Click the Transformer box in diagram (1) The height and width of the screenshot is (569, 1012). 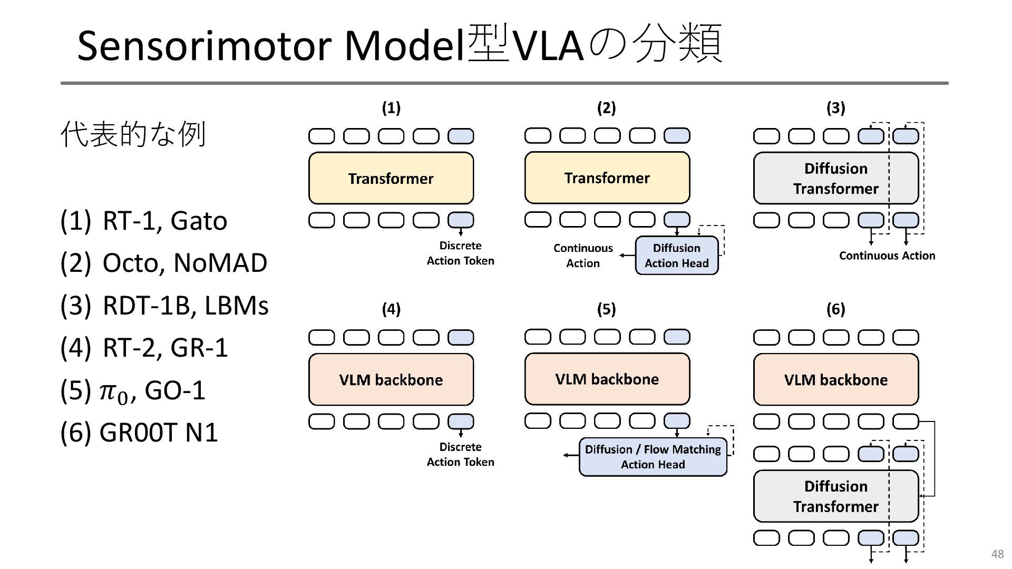391,178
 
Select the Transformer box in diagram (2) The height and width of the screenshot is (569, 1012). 607,178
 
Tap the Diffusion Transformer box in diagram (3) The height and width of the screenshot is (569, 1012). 836,178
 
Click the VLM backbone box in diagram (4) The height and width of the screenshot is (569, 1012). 391,379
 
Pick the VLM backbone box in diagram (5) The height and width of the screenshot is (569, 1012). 607,379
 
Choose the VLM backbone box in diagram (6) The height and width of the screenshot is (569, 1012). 836,379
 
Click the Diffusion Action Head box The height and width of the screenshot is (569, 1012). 677,256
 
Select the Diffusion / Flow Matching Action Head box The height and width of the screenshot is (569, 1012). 653,457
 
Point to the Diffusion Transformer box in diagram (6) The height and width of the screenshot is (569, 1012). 836,496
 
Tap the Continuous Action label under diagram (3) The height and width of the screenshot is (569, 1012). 887,256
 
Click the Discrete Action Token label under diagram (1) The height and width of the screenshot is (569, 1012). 461,253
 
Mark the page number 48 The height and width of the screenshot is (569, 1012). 997,554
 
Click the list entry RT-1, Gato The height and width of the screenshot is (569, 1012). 165,221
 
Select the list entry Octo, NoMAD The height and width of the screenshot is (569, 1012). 185,263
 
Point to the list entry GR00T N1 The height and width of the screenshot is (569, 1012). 159,433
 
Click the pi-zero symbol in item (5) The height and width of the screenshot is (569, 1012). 114,393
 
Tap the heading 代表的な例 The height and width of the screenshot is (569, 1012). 133,134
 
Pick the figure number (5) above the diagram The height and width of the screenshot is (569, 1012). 606,309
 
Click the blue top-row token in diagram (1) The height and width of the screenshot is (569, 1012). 461,136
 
